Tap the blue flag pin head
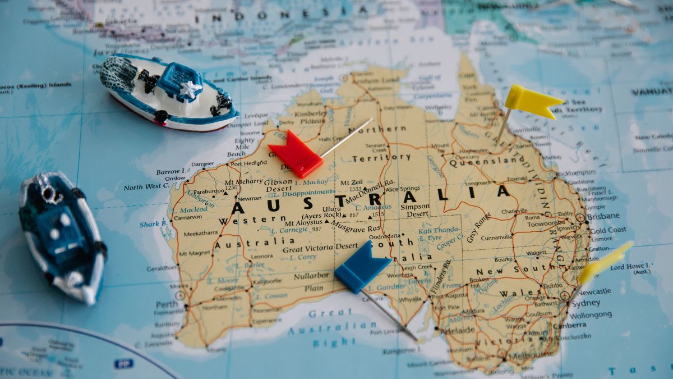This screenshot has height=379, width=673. pos(361,266)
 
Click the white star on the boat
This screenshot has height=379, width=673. pos(191,89)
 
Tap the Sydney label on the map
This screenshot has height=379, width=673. pos(586,303)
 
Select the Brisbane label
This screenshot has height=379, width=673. pos(603,216)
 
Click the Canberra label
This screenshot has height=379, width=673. pos(569,326)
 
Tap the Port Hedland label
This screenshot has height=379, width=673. pos(248,163)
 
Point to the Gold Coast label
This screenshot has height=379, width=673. pos(608,230)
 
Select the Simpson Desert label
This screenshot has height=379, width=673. pos(415,211)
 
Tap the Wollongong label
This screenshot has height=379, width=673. pos(591,315)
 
